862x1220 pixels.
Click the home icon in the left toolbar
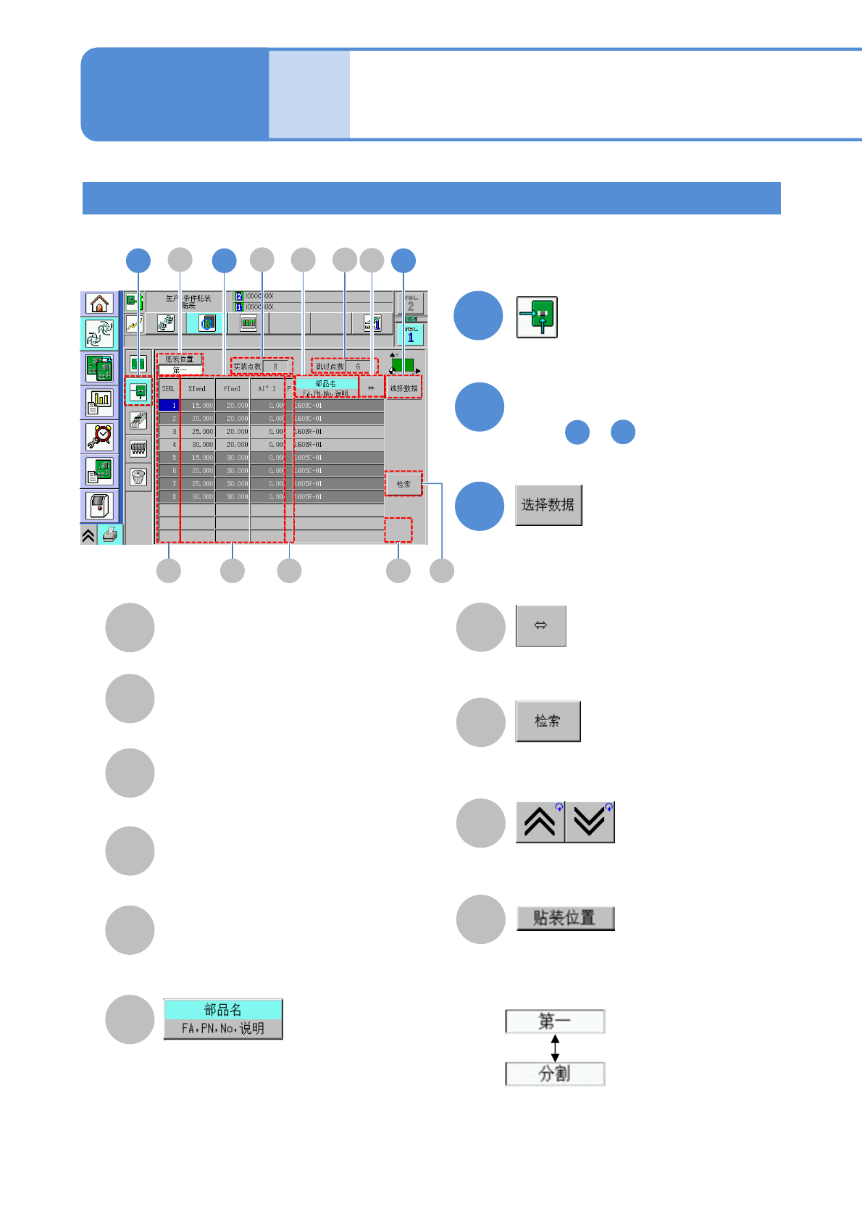pyautogui.click(x=99, y=303)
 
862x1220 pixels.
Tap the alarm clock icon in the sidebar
pyautogui.click(x=99, y=436)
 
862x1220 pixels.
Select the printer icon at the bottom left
pyautogui.click(x=110, y=535)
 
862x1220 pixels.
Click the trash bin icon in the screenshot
pyautogui.click(x=138, y=477)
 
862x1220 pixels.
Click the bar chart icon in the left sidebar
pyautogui.click(x=99, y=401)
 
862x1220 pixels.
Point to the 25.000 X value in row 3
pyautogui.click(x=198, y=432)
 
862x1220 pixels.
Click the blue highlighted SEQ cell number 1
pyautogui.click(x=169, y=406)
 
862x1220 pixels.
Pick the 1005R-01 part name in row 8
pyautogui.click(x=338, y=497)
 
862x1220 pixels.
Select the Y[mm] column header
pyautogui.click(x=233, y=389)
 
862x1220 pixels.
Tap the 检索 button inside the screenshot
pyautogui.click(x=403, y=484)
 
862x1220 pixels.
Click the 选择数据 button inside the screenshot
pyautogui.click(x=403, y=388)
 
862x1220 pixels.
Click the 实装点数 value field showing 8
pyautogui.click(x=276, y=367)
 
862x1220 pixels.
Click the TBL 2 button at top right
pyautogui.click(x=411, y=304)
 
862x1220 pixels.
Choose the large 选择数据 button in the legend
pyautogui.click(x=548, y=505)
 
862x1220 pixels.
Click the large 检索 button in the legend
pyautogui.click(x=548, y=721)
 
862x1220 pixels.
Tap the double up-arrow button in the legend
pyautogui.click(x=540, y=822)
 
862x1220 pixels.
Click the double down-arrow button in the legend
pyautogui.click(x=590, y=822)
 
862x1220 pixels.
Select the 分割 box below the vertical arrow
pyautogui.click(x=555, y=1074)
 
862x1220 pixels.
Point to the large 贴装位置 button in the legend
pyautogui.click(x=565, y=918)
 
